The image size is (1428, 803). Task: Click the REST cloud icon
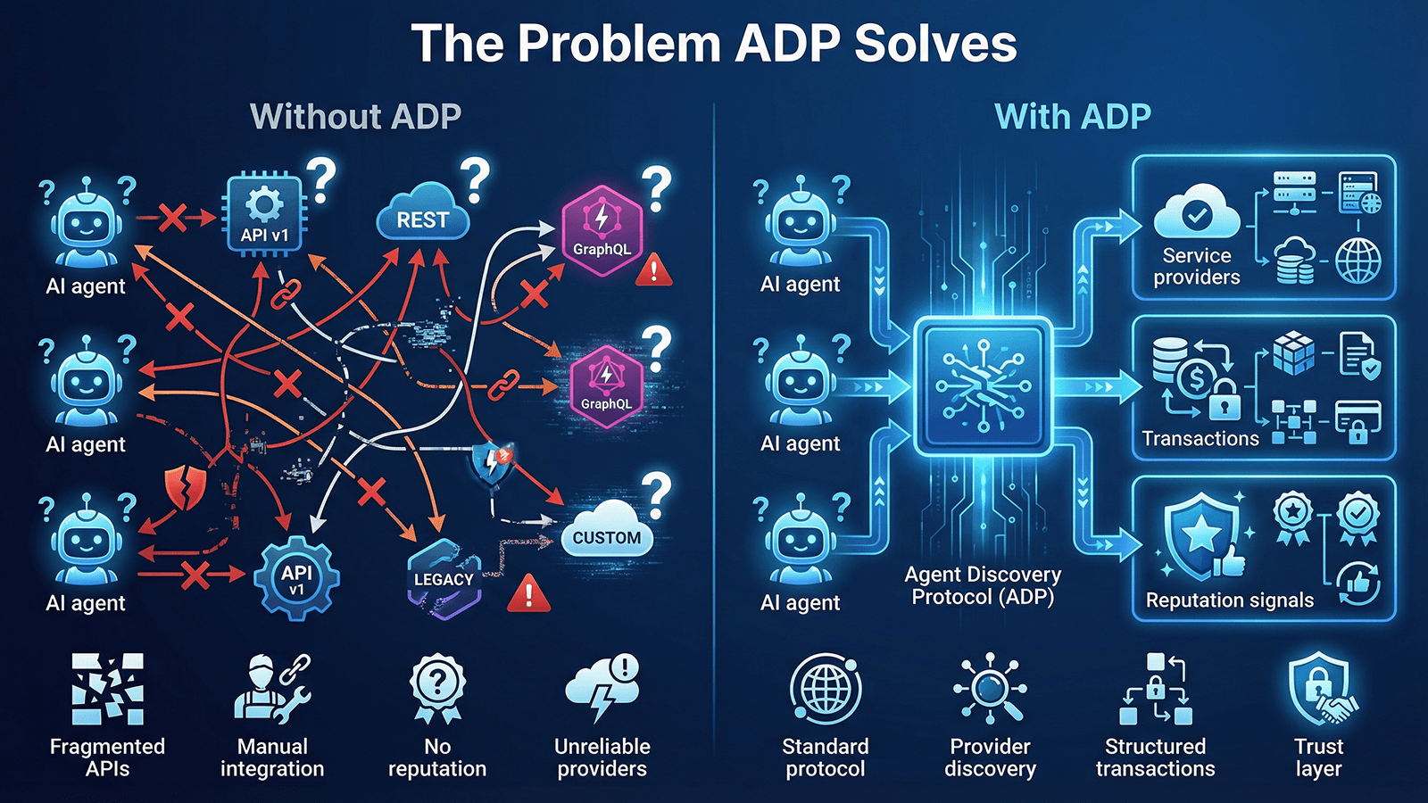click(x=423, y=217)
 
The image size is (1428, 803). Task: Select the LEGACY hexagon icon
click(x=444, y=578)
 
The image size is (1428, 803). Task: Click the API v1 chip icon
click(x=264, y=214)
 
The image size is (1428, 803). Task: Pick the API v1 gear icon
click(x=296, y=578)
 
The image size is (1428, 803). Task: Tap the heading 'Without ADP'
click(x=355, y=117)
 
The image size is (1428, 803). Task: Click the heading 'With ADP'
click(x=1072, y=117)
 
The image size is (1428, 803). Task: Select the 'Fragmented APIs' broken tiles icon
click(x=107, y=688)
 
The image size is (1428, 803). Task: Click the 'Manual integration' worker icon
click(x=271, y=689)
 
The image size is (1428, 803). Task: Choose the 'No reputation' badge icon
click(x=437, y=688)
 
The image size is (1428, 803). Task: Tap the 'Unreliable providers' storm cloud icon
click(x=602, y=688)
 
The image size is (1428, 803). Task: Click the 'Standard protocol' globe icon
click(x=826, y=689)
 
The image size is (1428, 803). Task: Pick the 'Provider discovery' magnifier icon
click(x=990, y=688)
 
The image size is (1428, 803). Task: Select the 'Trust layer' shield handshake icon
click(x=1320, y=689)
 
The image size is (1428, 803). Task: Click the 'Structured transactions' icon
click(x=1155, y=689)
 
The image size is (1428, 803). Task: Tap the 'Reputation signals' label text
click(x=1229, y=600)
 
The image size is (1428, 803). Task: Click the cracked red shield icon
click(x=186, y=488)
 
